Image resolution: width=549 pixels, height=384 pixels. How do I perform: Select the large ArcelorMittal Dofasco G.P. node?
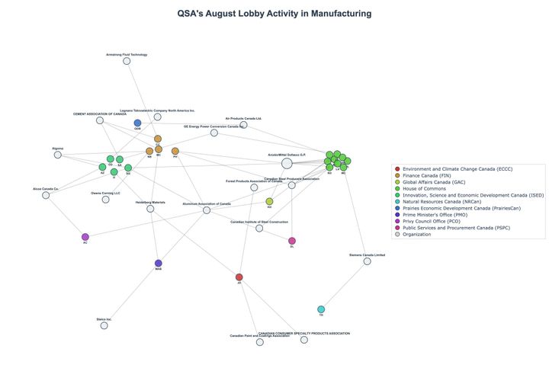(x=287, y=163)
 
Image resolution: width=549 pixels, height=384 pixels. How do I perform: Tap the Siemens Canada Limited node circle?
(x=367, y=261)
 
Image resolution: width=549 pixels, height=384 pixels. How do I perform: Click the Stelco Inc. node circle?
(x=104, y=325)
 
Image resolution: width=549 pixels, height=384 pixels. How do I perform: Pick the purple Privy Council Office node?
(x=85, y=237)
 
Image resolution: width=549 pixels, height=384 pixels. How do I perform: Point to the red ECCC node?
(x=239, y=277)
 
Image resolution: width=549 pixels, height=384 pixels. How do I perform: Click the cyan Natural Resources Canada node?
(x=321, y=309)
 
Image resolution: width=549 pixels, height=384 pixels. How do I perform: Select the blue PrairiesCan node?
(x=137, y=123)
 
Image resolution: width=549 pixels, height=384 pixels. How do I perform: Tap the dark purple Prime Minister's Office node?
(x=159, y=263)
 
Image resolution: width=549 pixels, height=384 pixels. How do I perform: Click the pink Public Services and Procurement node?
(x=292, y=241)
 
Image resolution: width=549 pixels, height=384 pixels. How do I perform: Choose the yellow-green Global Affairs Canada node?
(x=269, y=202)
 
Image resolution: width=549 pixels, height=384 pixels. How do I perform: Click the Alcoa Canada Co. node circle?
(x=46, y=195)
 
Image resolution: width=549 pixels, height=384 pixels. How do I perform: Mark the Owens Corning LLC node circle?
(x=106, y=200)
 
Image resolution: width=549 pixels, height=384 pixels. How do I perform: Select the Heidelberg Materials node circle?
(x=150, y=209)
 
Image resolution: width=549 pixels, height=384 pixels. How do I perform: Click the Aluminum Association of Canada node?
(x=207, y=210)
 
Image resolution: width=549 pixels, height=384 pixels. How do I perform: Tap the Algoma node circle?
(x=58, y=155)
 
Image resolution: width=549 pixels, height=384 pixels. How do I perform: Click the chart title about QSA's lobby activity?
(x=274, y=14)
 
